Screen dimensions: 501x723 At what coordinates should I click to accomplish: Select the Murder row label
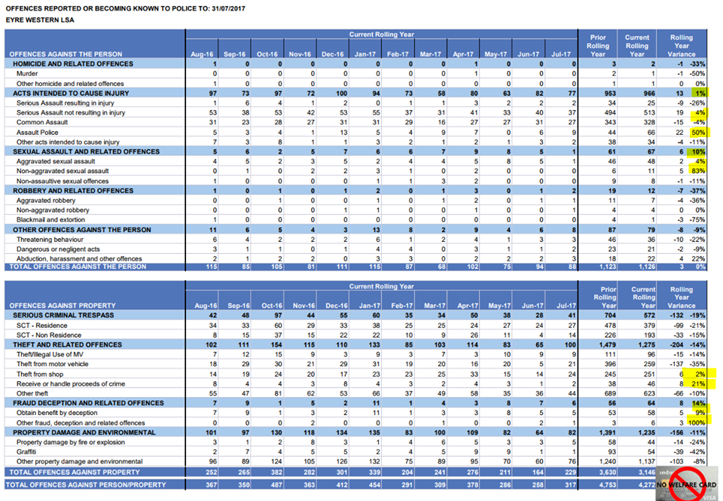click(x=28, y=73)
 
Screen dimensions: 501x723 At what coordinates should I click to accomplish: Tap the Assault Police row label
click(x=38, y=132)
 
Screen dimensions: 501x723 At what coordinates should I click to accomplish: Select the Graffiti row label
click(x=29, y=451)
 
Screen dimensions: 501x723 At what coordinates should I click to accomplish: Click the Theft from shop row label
click(x=42, y=373)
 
